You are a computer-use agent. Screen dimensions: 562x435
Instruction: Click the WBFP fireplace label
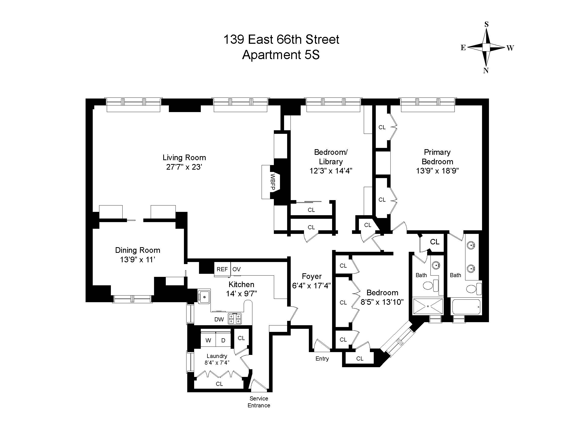[x=273, y=182]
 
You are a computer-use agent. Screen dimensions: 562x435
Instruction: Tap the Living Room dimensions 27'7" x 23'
[x=184, y=167]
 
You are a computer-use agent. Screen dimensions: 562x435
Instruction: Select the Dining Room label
[x=138, y=250]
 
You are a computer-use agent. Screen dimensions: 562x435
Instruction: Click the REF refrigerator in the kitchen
[x=222, y=269]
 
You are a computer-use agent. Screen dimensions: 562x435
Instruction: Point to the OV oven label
[x=237, y=269]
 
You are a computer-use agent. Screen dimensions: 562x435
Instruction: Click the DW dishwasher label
[x=219, y=320]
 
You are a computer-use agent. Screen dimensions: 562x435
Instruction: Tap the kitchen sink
[x=204, y=296]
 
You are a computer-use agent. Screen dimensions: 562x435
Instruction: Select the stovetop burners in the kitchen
[x=235, y=318]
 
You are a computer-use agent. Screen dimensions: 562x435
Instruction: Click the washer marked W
[x=208, y=340]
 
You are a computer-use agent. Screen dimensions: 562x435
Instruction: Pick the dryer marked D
[x=223, y=340]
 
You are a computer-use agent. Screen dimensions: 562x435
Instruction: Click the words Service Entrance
[x=259, y=402]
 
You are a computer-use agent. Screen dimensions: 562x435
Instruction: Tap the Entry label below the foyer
[x=322, y=358]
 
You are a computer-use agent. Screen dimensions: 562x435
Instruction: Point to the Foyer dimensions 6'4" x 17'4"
[x=312, y=286]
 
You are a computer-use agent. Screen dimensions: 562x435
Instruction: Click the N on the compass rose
[x=486, y=71]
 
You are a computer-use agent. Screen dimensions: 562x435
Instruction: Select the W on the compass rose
[x=510, y=48]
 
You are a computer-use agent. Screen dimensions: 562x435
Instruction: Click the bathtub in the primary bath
[x=466, y=306]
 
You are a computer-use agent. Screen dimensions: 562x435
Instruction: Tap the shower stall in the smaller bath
[x=428, y=306]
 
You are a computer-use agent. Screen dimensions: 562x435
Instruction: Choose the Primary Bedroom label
[x=437, y=157]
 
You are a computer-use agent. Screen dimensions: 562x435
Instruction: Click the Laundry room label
[x=217, y=356]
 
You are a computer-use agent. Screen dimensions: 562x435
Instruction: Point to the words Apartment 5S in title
[x=281, y=55]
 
